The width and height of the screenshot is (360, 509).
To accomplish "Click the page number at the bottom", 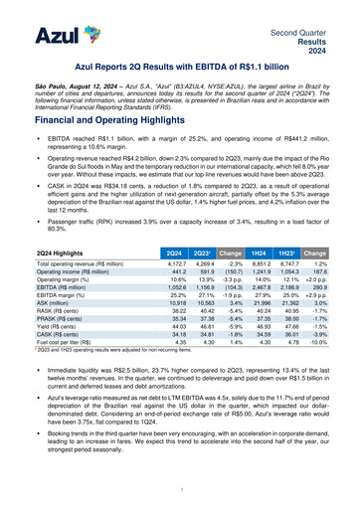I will (180, 491).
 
